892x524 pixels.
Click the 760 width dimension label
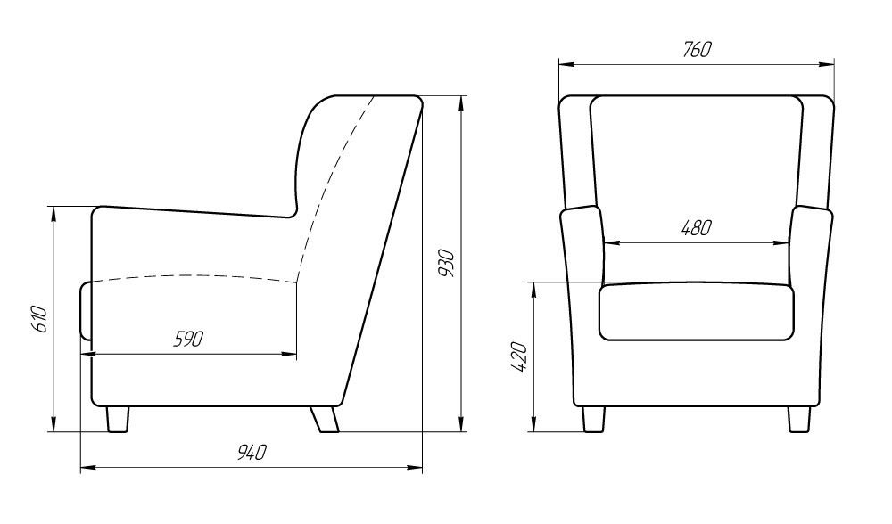(x=697, y=49)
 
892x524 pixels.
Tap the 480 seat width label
(x=697, y=228)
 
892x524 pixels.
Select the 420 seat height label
(x=521, y=357)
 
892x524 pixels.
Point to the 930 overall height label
(x=447, y=263)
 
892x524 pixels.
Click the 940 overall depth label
(x=252, y=453)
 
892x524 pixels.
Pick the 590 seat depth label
(x=187, y=340)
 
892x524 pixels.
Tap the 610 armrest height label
(x=38, y=319)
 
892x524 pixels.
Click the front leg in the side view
(x=117, y=420)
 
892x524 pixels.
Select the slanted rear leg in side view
(x=325, y=420)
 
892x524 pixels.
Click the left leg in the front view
(x=593, y=420)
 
